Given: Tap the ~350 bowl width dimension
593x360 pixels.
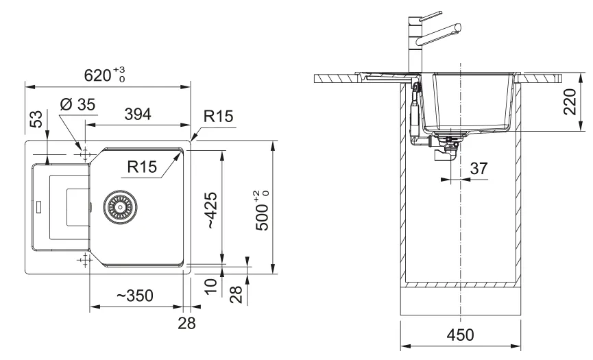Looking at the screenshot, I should (133, 296).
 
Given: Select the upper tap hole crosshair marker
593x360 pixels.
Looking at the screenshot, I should (84, 156).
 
